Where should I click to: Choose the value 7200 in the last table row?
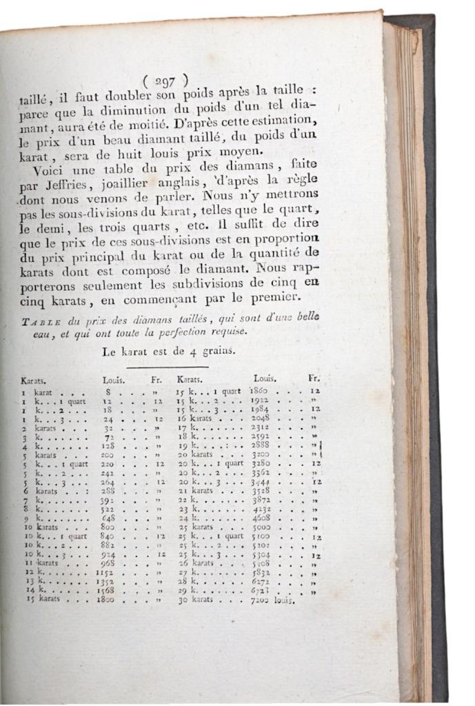click(x=265, y=600)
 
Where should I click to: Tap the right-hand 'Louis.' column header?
click(x=265, y=378)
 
